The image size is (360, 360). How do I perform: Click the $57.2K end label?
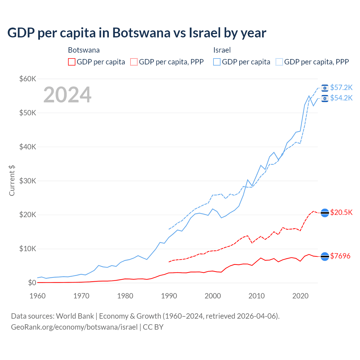[x=341, y=88]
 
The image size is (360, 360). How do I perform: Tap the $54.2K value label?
[x=341, y=98]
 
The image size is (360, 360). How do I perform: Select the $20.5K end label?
[x=341, y=212]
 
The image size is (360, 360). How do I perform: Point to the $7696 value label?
[x=340, y=256]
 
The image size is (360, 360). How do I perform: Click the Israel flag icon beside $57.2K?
[x=325, y=88]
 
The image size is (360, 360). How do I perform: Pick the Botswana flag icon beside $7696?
[x=325, y=256]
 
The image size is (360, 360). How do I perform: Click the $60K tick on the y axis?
[x=28, y=79]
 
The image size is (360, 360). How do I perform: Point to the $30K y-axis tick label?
[x=28, y=181]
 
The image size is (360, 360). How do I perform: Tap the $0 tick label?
[x=32, y=283]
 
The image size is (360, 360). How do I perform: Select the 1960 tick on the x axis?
[x=37, y=296]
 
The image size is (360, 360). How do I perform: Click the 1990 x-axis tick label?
[x=169, y=296]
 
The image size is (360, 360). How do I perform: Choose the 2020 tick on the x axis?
[x=300, y=296]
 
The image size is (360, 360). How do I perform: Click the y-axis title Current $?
[x=12, y=181]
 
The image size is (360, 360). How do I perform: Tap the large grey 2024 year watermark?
[x=67, y=95]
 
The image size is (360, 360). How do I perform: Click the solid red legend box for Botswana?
[x=72, y=62]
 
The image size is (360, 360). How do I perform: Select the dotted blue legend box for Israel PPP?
[x=279, y=62]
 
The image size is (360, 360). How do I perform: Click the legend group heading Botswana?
[x=84, y=50]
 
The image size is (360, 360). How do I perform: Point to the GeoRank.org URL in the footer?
[x=74, y=327]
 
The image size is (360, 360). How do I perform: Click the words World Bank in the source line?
[x=75, y=316]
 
